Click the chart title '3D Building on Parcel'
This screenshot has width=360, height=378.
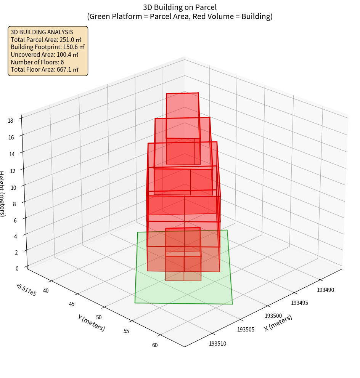click(180, 7)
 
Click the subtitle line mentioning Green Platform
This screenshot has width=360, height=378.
click(180, 16)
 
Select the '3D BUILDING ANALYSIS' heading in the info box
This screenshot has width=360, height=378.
click(42, 32)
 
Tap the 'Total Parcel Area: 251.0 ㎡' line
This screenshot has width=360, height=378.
click(46, 40)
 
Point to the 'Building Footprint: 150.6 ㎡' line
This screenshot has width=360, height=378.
click(48, 47)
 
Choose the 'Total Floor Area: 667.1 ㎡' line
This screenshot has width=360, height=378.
click(45, 69)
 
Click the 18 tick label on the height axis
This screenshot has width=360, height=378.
click(10, 121)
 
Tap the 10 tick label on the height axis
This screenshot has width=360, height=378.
click(13, 187)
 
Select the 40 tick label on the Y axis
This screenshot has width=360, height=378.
click(46, 291)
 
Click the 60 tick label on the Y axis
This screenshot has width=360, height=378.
click(154, 345)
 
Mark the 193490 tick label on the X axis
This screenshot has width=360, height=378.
click(325, 290)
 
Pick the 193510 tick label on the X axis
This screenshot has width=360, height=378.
click(217, 344)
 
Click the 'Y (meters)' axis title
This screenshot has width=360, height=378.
click(91, 323)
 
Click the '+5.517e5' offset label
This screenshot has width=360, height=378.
click(26, 290)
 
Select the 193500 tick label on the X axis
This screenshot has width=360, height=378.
click(273, 316)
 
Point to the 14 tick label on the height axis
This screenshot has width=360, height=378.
click(12, 154)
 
